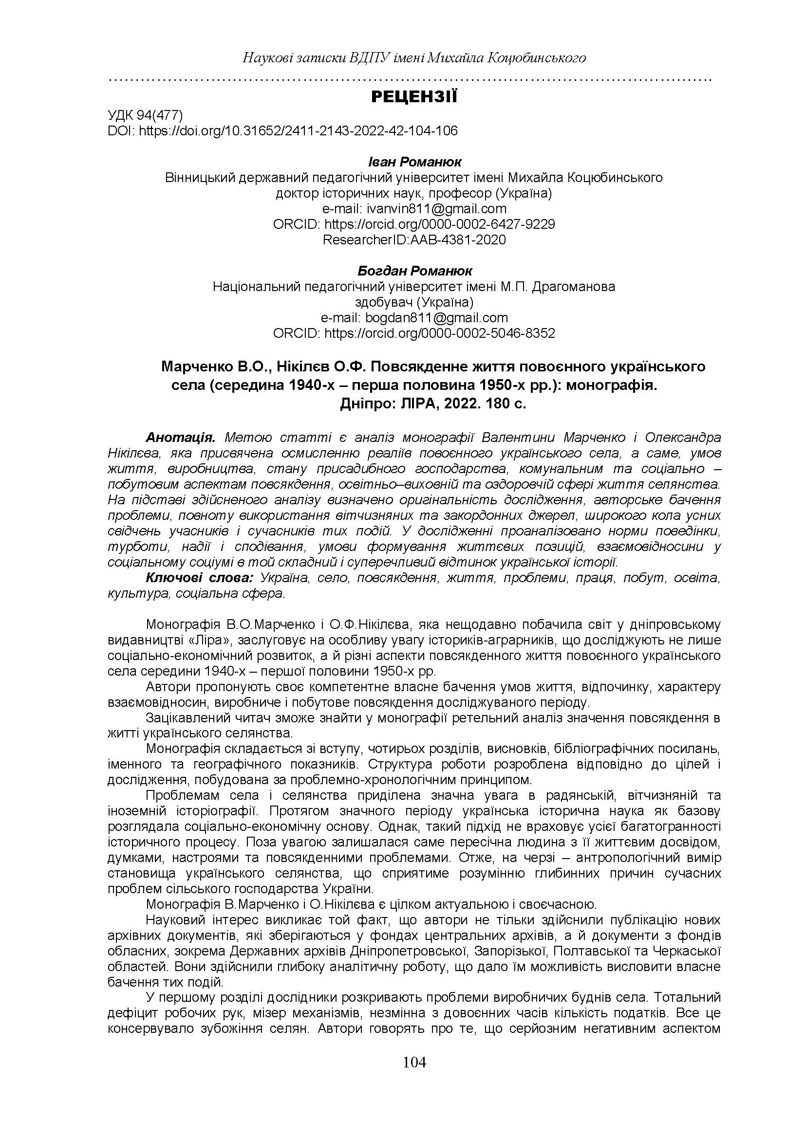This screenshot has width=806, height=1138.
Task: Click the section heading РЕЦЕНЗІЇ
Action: [x=414, y=97]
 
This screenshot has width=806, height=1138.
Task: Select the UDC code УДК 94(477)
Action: [x=146, y=115]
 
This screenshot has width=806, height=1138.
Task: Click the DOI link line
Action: [x=282, y=131]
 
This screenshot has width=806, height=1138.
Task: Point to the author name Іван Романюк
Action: [x=414, y=162]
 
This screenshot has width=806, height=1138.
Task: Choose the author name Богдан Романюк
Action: [x=414, y=271]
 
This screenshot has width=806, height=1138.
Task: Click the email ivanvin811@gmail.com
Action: [x=414, y=208]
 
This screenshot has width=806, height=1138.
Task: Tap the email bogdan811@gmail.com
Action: [x=414, y=317]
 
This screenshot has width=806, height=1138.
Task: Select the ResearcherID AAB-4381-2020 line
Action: [x=414, y=239]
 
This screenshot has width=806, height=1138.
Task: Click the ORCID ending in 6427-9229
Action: [x=414, y=224]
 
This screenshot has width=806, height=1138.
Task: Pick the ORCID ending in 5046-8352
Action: [x=414, y=333]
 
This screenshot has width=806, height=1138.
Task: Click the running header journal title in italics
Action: [x=414, y=58]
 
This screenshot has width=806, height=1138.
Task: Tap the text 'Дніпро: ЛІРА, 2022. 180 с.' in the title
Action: [x=433, y=404]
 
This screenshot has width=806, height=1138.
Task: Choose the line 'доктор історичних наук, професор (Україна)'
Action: [x=414, y=193]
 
